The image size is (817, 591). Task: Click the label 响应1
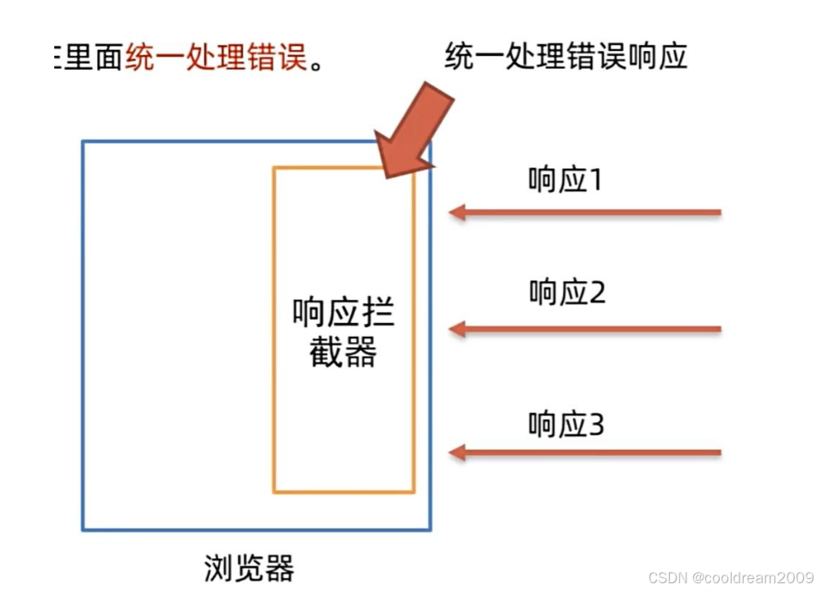click(565, 180)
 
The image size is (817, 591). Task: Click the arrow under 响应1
click(585, 212)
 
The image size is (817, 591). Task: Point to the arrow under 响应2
click(585, 328)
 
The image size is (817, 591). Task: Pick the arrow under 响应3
click(585, 452)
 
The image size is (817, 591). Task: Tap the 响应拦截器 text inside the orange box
click(344, 333)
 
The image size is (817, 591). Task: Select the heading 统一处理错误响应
click(566, 58)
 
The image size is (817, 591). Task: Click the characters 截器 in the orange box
click(344, 352)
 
